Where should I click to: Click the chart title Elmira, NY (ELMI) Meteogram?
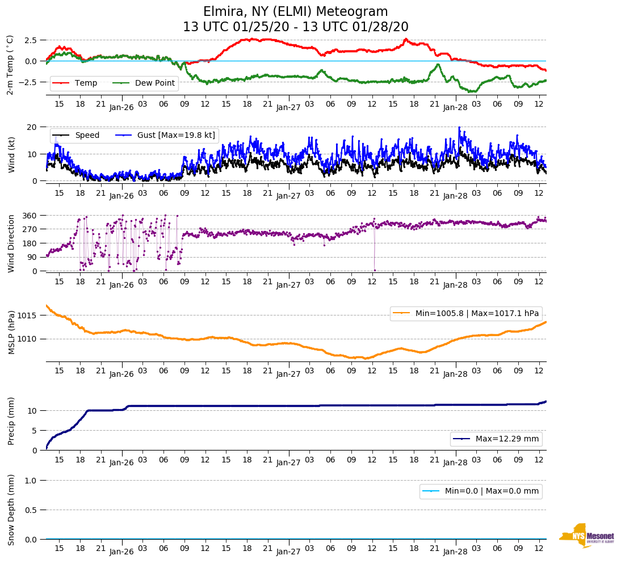point(295,12)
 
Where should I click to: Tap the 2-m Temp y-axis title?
point(10,65)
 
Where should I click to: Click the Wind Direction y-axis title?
point(11,243)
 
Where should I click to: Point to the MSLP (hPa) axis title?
point(11,333)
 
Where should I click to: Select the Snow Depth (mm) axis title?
point(11,510)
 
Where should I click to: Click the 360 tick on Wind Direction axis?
point(30,216)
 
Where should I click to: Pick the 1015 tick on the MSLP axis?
point(28,315)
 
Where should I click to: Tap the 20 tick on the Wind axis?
point(33,127)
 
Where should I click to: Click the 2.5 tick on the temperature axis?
point(31,40)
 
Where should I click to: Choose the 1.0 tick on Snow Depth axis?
point(31,481)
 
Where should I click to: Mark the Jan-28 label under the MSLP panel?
point(455,375)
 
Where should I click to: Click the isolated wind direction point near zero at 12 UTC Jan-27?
point(375,270)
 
